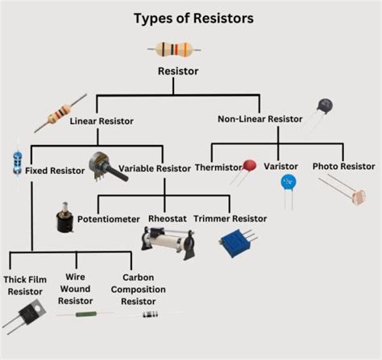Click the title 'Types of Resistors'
coord(193,19)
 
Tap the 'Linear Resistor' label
coord(102,121)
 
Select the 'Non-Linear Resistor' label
coord(260,119)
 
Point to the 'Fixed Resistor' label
coord(55,171)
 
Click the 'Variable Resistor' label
coord(155,168)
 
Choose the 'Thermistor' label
coord(218,168)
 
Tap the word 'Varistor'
coord(281,167)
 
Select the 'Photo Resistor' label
coord(343,167)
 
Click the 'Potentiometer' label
coord(109,219)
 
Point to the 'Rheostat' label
coord(168,218)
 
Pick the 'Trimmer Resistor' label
coord(230,218)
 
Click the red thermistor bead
coord(250,165)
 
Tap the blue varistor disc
coord(289,182)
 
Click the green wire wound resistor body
coord(86,314)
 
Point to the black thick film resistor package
coord(32,312)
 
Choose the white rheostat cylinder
coord(168,242)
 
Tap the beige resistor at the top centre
coord(174,49)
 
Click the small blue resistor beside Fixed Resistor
coord(18,163)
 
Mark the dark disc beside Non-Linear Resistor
coord(325,106)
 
